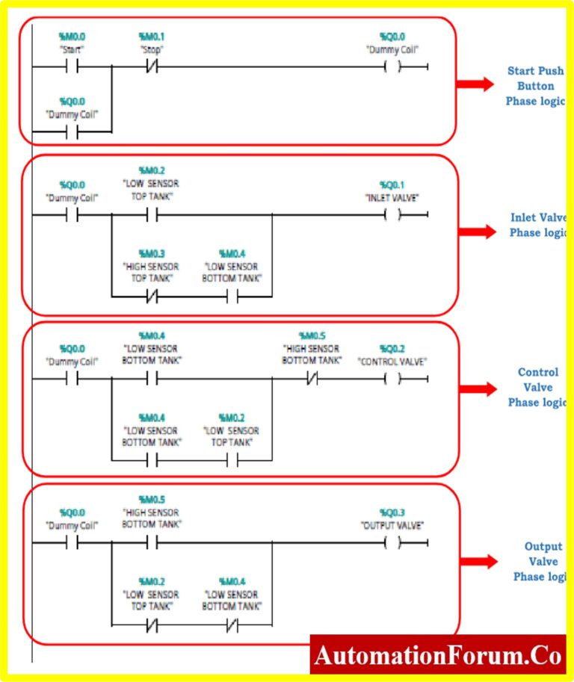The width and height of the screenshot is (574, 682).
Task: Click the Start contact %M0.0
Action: coord(73,66)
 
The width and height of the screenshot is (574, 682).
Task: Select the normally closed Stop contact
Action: coord(152,66)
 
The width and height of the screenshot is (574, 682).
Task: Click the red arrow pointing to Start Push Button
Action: coord(475,84)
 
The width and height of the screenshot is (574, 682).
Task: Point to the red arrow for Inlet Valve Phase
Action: coord(477,232)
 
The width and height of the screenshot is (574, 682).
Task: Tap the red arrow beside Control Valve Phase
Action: coord(477,388)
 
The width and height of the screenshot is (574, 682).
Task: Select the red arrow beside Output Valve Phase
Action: coord(477,561)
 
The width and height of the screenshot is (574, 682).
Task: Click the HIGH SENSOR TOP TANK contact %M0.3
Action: coord(152,297)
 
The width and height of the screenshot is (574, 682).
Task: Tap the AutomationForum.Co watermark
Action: coord(438,655)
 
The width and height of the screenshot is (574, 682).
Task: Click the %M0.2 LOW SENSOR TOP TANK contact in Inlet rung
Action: coord(152,215)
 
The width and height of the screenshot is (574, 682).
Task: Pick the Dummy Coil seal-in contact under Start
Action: coord(73,133)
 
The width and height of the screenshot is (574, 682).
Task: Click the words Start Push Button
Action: coord(531,78)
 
